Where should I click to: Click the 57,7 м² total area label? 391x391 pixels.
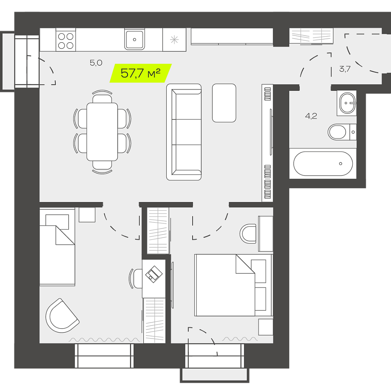pyautogui.click(x=141, y=73)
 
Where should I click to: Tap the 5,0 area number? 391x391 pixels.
pyautogui.click(x=96, y=63)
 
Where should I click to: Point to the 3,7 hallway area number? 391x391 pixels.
pyautogui.click(x=345, y=69)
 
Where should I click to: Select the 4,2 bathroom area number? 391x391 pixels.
pyautogui.click(x=311, y=116)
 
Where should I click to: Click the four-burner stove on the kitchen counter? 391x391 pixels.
pyautogui.click(x=66, y=40)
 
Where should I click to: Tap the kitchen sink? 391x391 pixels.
pyautogui.click(x=134, y=40)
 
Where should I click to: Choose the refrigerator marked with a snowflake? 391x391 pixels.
pyautogui.click(x=174, y=40)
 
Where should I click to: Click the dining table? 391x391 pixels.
pyautogui.click(x=102, y=132)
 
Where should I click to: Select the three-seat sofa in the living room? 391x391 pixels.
pyautogui.click(x=184, y=132)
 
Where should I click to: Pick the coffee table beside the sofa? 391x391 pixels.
pyautogui.click(x=224, y=103)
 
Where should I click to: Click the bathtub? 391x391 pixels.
pyautogui.click(x=323, y=164)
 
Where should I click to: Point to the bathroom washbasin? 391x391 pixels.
pyautogui.click(x=347, y=103)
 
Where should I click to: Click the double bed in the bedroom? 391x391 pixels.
pyautogui.click(x=233, y=285)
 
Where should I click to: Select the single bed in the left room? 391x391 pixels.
pyautogui.click(x=57, y=247)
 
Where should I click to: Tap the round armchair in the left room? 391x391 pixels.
pyautogui.click(x=62, y=315)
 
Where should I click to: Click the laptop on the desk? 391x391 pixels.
pyautogui.click(x=154, y=274)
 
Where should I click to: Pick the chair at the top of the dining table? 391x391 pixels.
pyautogui.click(x=102, y=97)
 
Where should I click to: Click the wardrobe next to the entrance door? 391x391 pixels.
pyautogui.click(x=311, y=36)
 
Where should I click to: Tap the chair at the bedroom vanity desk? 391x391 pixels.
pyautogui.click(x=248, y=234)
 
